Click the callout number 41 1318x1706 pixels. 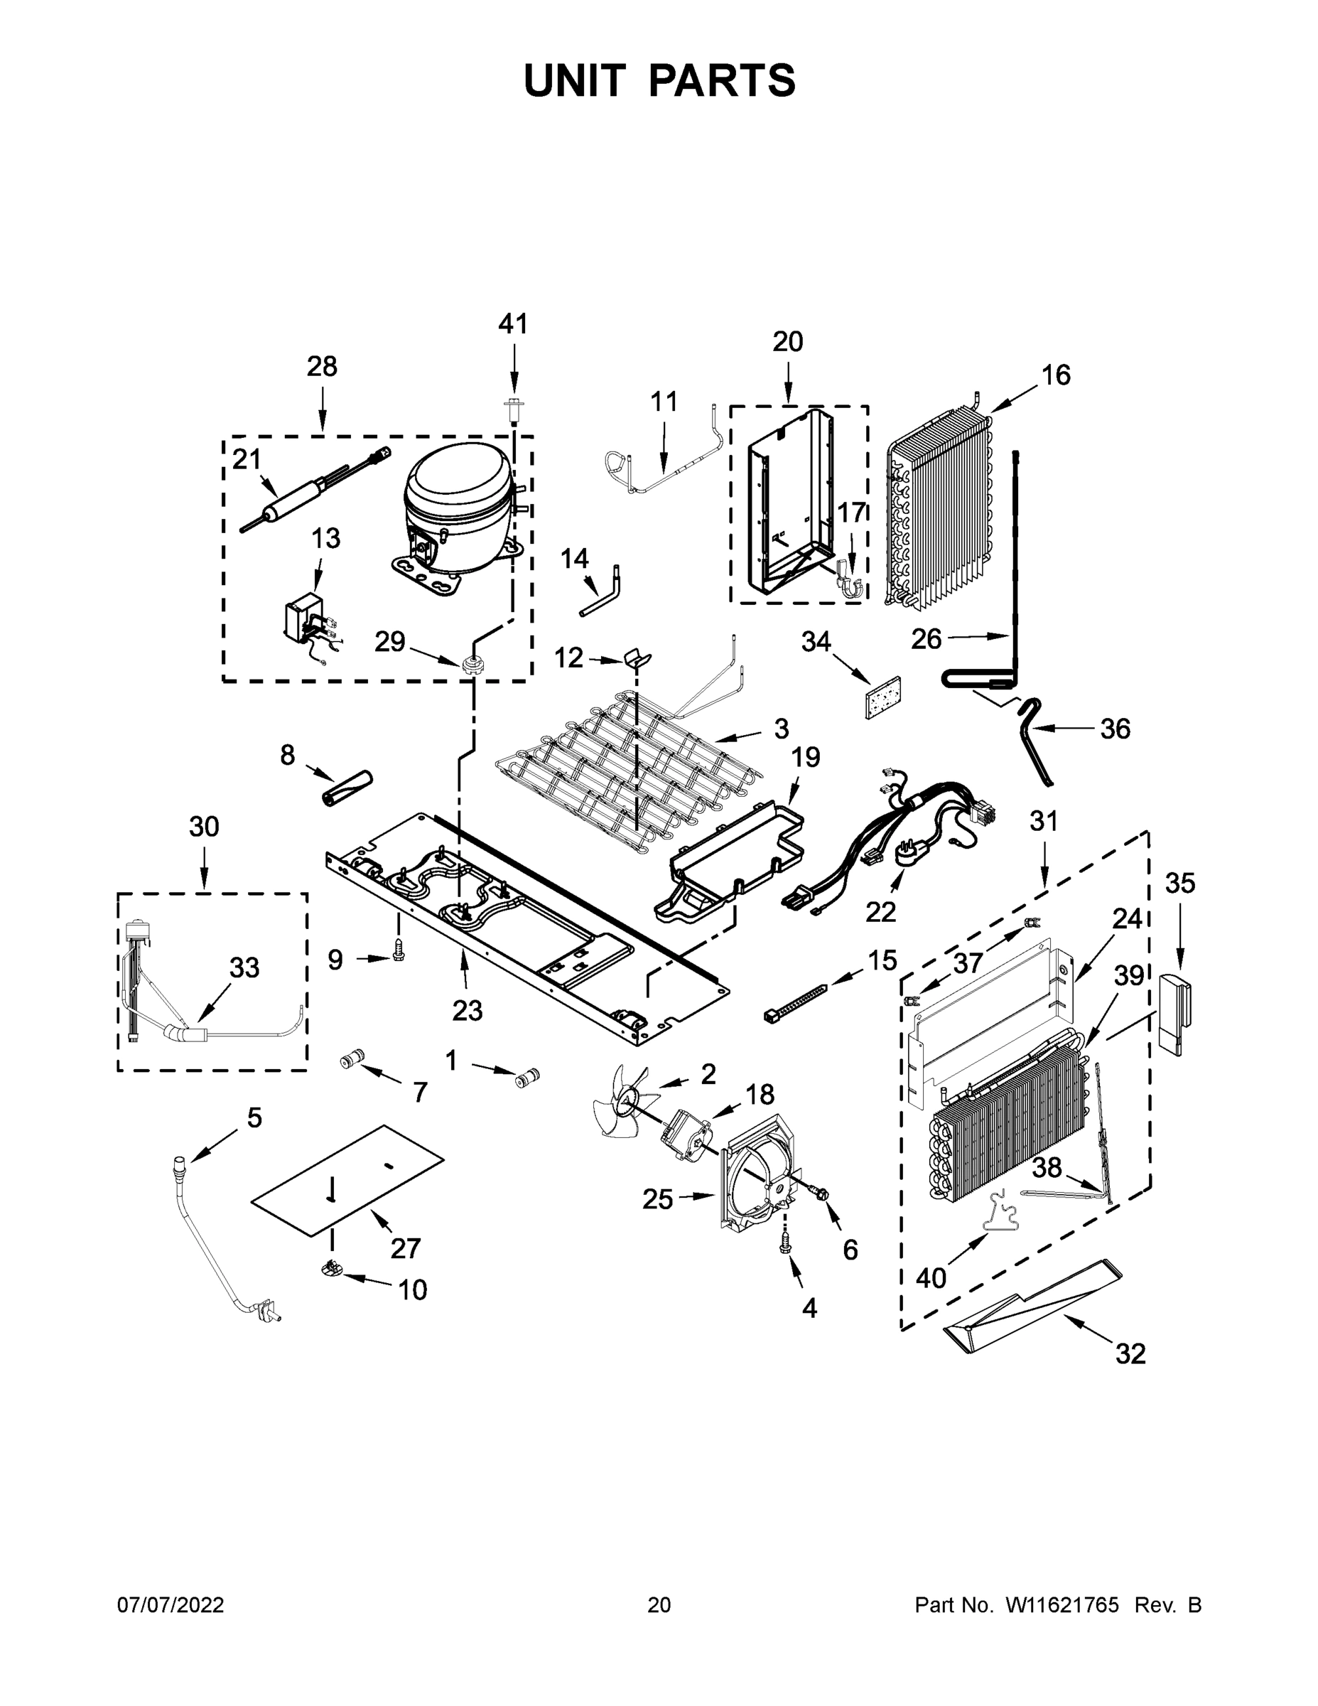click(x=513, y=323)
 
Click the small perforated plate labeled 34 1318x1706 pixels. click(x=883, y=697)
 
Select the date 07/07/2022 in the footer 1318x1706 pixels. click(x=171, y=1605)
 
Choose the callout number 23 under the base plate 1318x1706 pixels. click(x=467, y=1011)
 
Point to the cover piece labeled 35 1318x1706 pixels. click(x=1176, y=1012)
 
